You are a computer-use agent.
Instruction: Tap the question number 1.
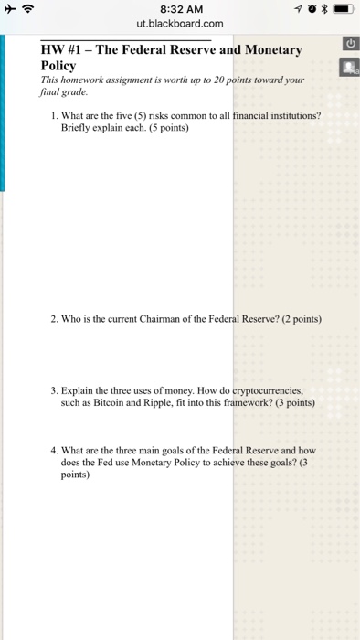click(55, 115)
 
